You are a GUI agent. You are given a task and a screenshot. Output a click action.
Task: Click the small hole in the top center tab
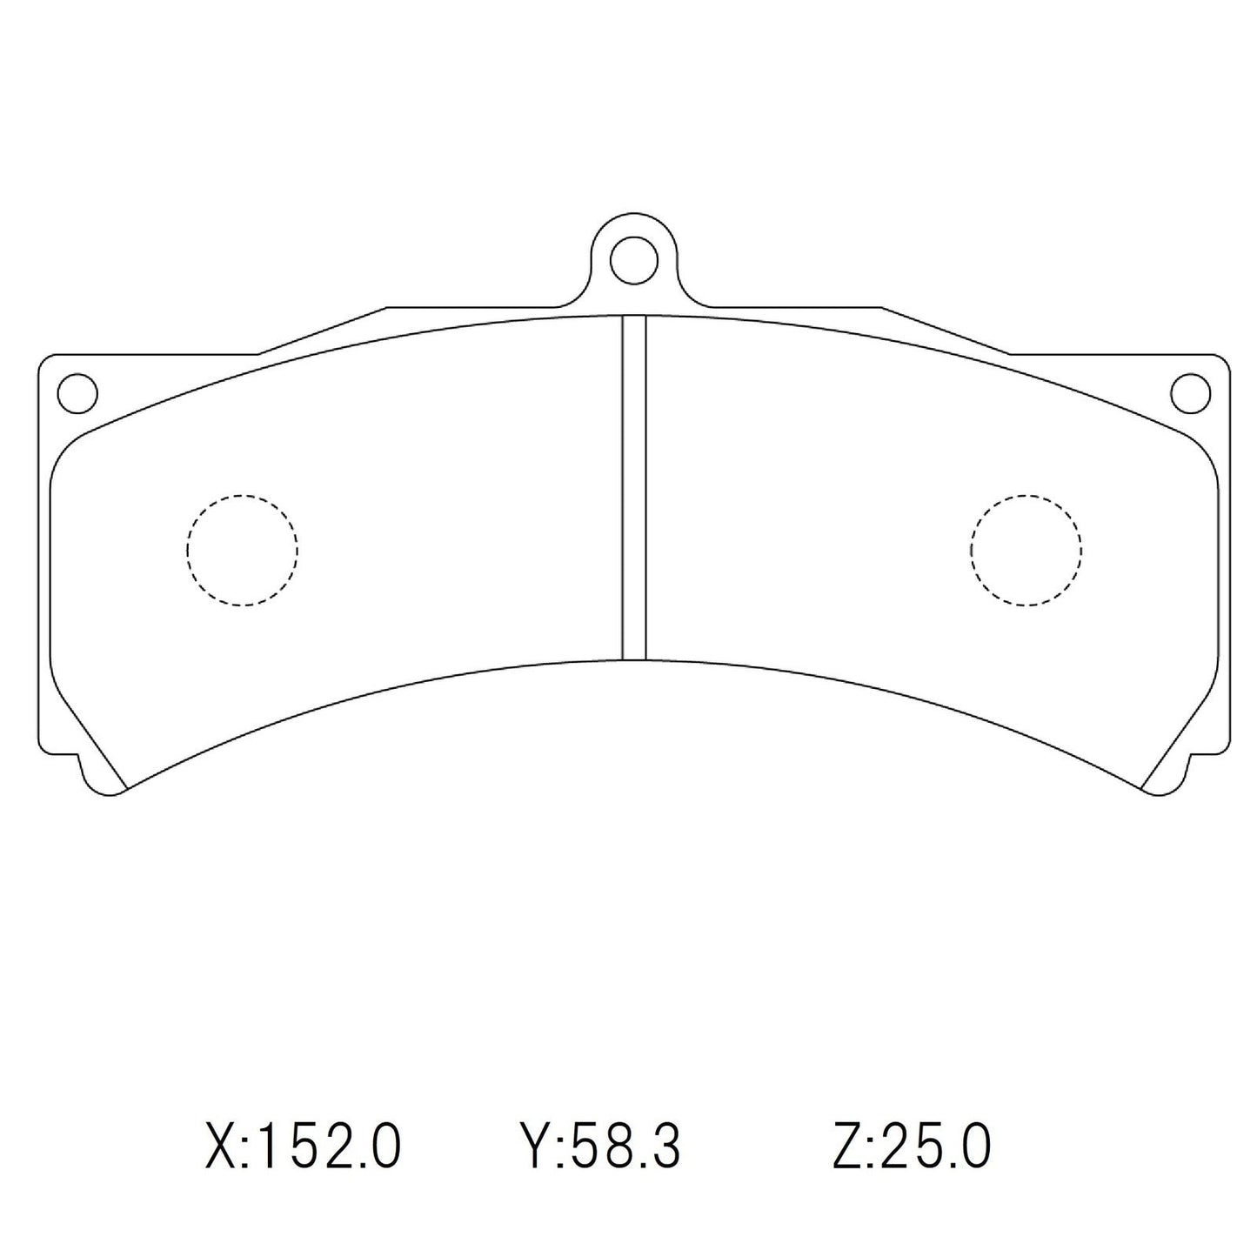click(x=633, y=258)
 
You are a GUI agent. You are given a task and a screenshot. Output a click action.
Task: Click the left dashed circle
click(x=242, y=550)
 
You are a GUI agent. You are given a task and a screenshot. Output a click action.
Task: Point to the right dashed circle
click(x=1026, y=550)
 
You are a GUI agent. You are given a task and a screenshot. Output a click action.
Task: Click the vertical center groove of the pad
click(x=634, y=487)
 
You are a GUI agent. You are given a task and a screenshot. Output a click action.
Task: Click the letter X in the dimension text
click(x=219, y=1147)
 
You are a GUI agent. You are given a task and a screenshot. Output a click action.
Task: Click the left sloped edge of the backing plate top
click(x=322, y=331)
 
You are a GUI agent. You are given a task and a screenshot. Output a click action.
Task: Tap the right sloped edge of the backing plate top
click(x=946, y=331)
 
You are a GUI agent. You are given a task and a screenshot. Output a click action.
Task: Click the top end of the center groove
click(x=634, y=318)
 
